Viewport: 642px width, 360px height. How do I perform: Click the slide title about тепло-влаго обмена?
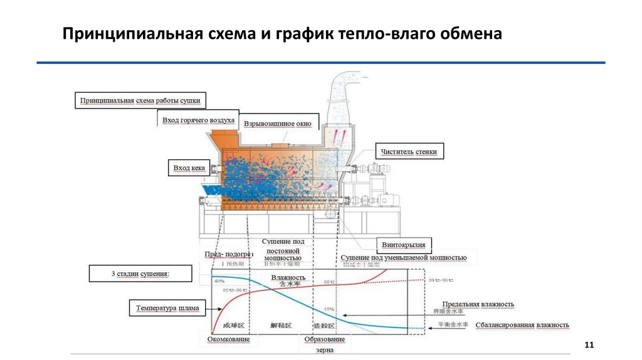tap(282, 33)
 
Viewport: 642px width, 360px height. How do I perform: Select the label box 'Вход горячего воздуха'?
tap(198, 120)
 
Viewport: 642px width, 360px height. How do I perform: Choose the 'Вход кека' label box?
tap(189, 168)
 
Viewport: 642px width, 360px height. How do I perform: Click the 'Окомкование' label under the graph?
tap(228, 339)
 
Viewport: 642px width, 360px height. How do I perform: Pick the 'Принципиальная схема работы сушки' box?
tap(140, 100)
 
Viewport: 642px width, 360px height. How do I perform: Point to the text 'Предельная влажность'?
tap(478, 304)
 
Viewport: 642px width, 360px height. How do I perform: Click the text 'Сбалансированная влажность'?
tap(522, 325)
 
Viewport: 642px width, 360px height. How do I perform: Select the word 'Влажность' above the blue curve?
tap(288, 277)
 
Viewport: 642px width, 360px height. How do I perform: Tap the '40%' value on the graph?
tap(219, 282)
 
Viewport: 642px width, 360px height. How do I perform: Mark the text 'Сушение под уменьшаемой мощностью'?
tap(403, 258)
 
